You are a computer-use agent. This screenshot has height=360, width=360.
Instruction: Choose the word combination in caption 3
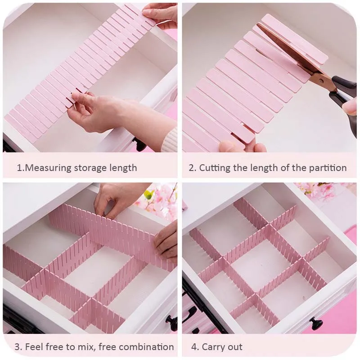tap(147, 346)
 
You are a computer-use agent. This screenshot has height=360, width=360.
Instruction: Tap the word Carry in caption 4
tap(215, 346)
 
